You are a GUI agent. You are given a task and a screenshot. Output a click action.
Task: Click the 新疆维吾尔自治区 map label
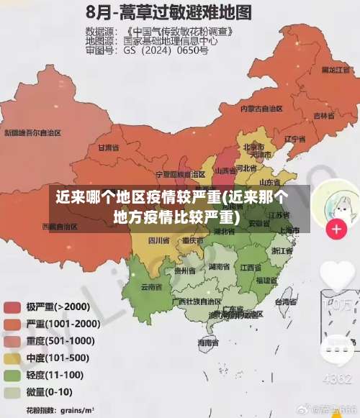32,133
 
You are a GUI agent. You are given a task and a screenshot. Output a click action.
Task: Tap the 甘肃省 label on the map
107,147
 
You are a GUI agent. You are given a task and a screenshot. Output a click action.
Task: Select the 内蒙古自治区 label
261,109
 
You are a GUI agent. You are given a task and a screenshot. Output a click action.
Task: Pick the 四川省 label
158,240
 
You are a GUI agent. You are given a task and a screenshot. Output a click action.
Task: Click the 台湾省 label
286,303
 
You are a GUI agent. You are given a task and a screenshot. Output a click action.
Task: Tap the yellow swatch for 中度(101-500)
12,358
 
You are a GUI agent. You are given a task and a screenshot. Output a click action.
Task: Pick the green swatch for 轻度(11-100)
12,376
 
